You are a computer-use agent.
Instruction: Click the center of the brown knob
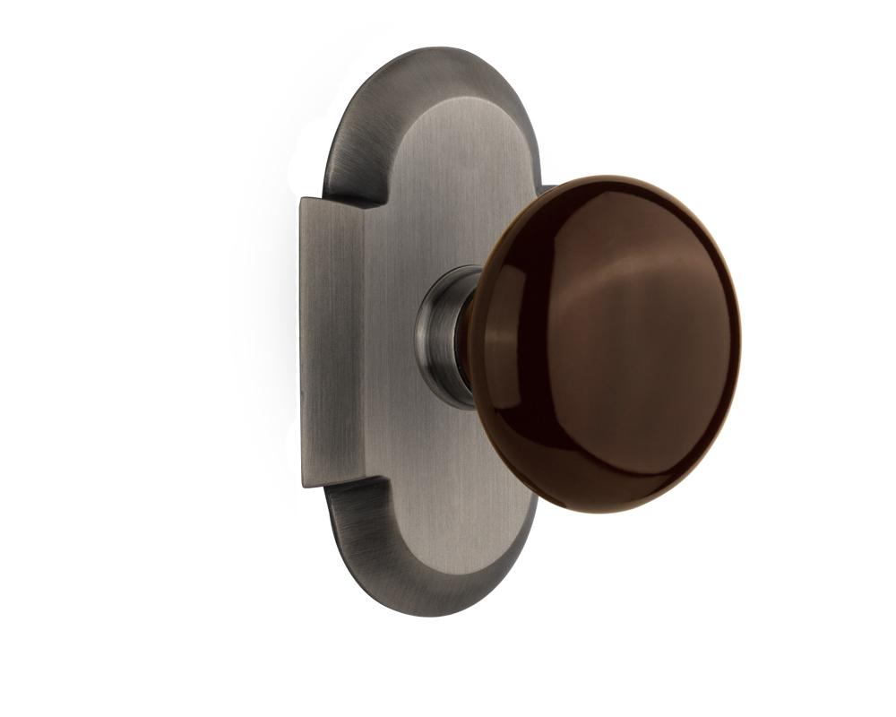[x=609, y=345]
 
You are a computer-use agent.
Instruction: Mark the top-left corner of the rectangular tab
[x=301, y=199]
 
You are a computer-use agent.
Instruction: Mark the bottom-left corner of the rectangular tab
[x=304, y=486]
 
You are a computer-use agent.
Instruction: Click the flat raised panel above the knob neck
[x=448, y=179]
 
